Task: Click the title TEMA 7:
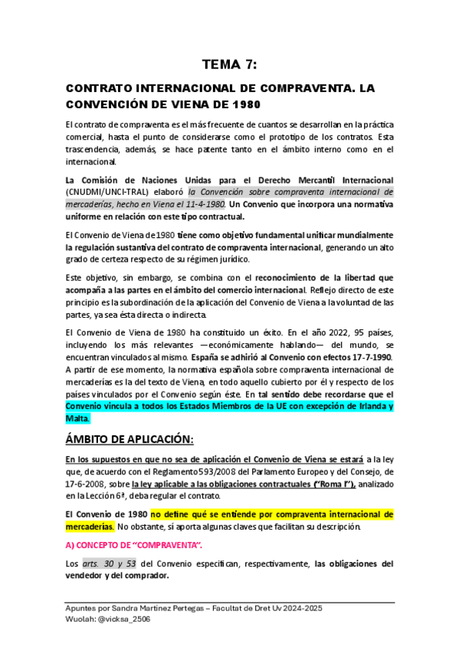[230, 64]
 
